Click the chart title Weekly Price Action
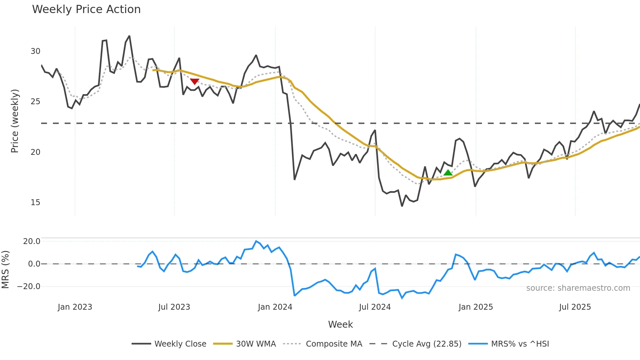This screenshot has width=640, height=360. [86, 9]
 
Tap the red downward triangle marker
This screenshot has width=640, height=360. [195, 81]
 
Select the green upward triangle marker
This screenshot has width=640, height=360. [448, 173]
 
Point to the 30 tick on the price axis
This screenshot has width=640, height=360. [35, 51]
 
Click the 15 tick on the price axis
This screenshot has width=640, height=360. [35, 203]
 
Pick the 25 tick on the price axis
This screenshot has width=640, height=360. [35, 102]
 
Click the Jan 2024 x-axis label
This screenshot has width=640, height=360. [275, 307]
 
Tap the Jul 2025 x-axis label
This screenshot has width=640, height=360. [575, 307]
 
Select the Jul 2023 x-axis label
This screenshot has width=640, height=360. [174, 307]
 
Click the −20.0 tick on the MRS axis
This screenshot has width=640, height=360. [28, 286]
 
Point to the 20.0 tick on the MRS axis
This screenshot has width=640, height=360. [31, 241]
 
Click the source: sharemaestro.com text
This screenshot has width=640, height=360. [578, 288]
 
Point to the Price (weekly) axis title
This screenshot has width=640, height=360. [15, 121]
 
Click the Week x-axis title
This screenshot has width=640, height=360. [340, 324]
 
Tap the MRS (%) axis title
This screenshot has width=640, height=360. [5, 270]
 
